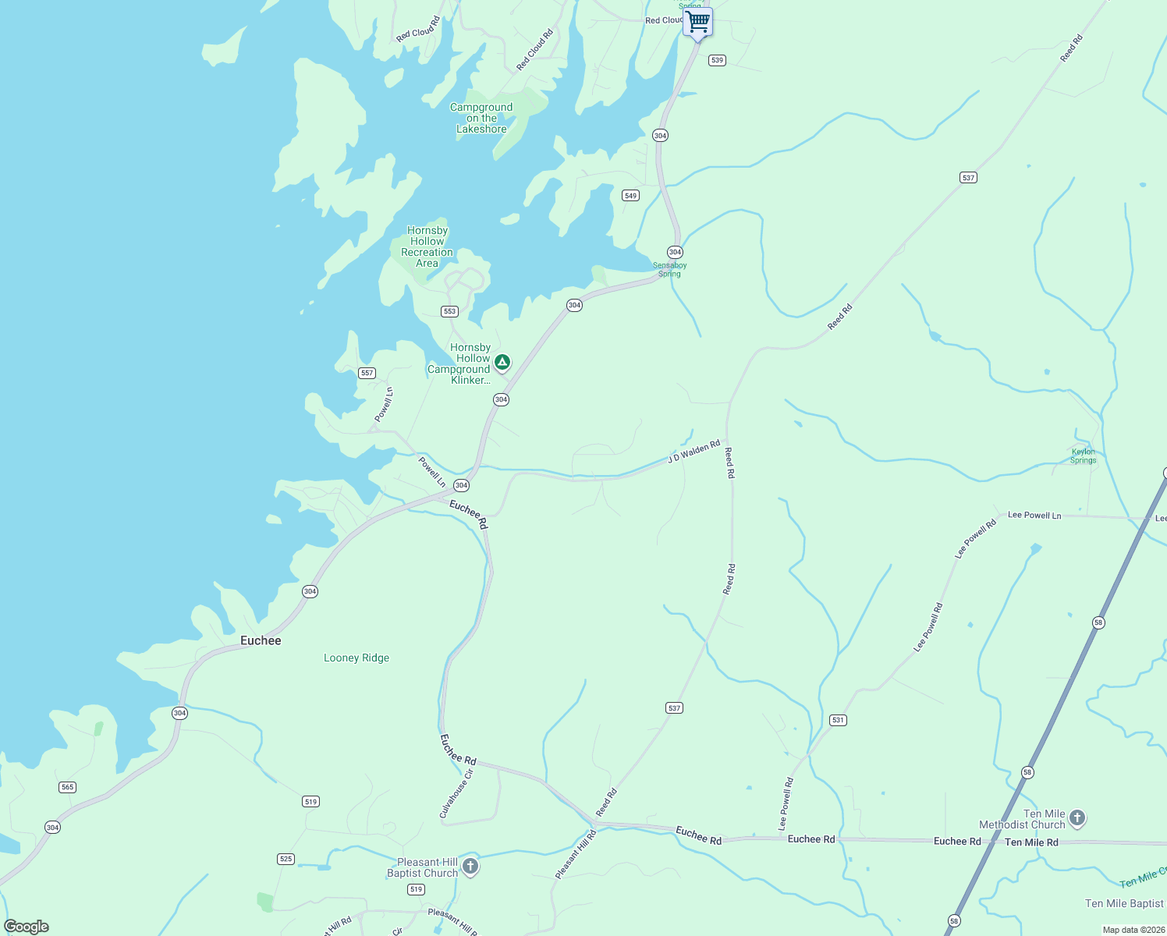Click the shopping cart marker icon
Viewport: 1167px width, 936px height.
coord(697,21)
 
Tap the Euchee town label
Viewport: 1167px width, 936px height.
coord(261,640)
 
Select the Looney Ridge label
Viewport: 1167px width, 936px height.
coord(356,658)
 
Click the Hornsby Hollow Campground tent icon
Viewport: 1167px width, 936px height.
coord(503,362)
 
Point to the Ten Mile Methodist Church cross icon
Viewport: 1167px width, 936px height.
coord(1077,817)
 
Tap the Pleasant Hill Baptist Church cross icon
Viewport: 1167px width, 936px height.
coord(470,866)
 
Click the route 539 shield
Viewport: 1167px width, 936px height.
coord(717,60)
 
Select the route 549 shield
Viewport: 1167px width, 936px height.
coord(630,195)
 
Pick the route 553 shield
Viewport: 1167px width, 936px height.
coord(449,311)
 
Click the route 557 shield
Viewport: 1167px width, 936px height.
coord(367,373)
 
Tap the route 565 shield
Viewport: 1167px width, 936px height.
coord(67,787)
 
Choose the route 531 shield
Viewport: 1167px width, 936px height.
coord(838,720)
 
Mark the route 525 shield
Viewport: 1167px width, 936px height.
coord(286,859)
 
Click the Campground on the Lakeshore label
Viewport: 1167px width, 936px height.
coord(481,119)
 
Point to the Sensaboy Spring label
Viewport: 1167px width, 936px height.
coord(669,270)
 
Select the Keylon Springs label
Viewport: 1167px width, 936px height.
coord(1083,456)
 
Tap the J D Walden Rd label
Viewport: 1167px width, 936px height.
coord(693,452)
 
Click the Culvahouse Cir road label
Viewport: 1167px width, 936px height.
coord(456,794)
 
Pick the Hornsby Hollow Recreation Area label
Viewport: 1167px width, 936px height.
coord(427,246)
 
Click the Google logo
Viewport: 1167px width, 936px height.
coord(27,927)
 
